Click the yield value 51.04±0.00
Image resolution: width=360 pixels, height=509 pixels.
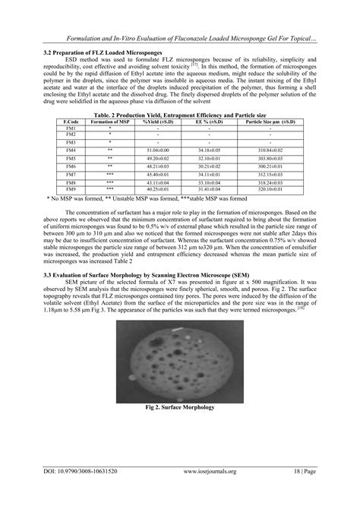coord(157,152)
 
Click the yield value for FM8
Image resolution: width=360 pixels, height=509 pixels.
coord(157,182)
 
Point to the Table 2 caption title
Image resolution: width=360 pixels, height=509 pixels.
coord(180,115)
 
